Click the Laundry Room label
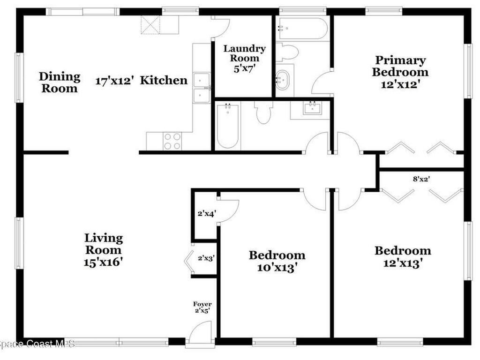click(244, 58)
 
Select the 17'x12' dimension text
click(115, 81)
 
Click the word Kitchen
click(164, 80)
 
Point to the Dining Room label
click(59, 82)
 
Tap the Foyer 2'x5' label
click(202, 307)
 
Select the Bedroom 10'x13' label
click(277, 261)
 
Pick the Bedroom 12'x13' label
click(402, 256)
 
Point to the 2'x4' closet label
click(206, 214)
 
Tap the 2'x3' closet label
click(206, 257)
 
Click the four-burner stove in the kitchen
click(172, 141)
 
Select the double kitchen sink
click(202, 88)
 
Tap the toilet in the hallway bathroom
click(263, 112)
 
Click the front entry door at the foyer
click(200, 336)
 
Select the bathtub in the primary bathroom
click(302, 28)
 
